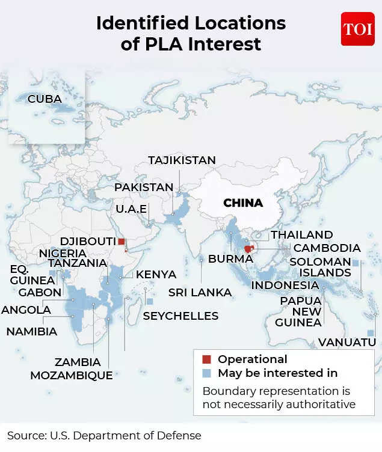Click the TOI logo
tap(357, 29)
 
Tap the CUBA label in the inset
tap(45, 99)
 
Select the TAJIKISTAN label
tap(182, 160)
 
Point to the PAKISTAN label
tap(144, 188)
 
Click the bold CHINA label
tap(243, 203)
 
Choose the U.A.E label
tap(131, 210)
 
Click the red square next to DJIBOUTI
tap(122, 241)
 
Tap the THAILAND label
tap(301, 235)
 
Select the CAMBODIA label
tap(327, 248)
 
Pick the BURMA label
tap(230, 259)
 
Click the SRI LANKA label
tap(200, 292)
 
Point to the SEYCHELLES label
tap(180, 316)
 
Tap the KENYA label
tap(156, 275)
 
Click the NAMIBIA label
tap(32, 331)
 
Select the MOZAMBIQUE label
tap(71, 375)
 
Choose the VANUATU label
tap(347, 342)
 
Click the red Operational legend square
tap(206, 359)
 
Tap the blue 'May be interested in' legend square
tap(206, 373)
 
